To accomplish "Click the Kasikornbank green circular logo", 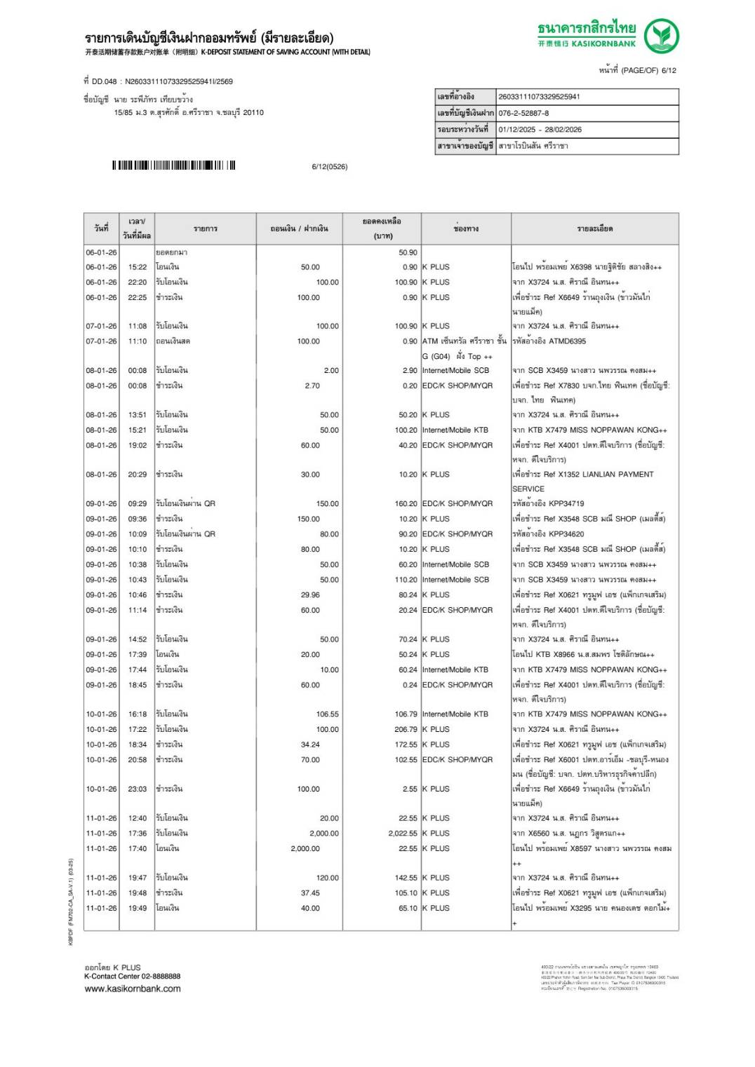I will coord(661,36).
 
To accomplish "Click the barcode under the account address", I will coord(173,165).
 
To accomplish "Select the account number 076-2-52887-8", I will coord(523,113).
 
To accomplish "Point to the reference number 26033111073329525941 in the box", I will coord(538,97).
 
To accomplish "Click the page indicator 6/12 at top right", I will coord(668,70).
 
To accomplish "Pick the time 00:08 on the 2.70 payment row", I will coord(138,386).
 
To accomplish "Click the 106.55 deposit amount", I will coord(327,714).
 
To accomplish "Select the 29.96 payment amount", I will coord(309,595).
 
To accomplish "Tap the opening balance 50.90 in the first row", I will coord(408,252).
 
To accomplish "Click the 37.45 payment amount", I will coord(309,893).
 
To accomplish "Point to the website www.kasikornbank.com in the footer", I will coord(133,988).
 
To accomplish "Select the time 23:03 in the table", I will coord(138,789).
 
